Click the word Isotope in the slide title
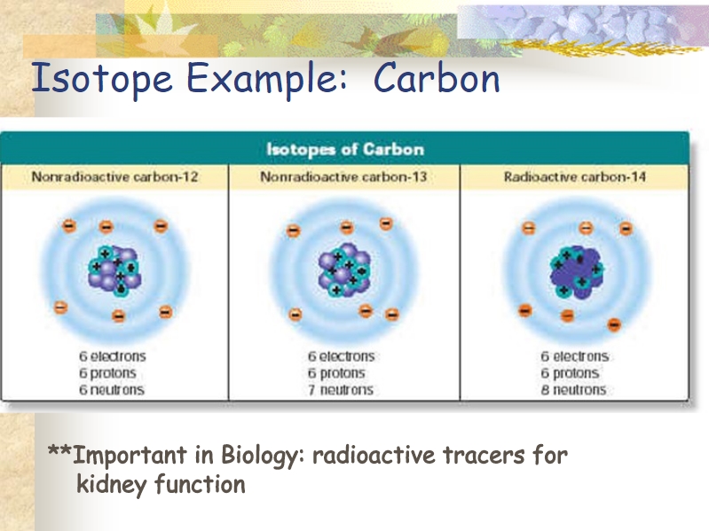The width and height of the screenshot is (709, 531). click(x=102, y=79)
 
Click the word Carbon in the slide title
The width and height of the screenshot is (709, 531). click(x=437, y=78)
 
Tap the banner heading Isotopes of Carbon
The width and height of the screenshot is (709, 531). click(x=345, y=150)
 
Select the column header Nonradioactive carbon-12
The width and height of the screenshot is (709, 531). click(x=114, y=176)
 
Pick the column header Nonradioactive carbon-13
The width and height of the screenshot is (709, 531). click(x=343, y=176)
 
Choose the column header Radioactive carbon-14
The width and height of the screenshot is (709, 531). click(x=575, y=176)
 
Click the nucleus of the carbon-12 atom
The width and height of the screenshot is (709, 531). click(x=114, y=270)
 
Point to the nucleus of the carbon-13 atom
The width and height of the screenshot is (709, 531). click(x=344, y=269)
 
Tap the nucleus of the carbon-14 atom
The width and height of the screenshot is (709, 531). click(x=577, y=272)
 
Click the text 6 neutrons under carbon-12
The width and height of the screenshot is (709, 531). click(x=112, y=390)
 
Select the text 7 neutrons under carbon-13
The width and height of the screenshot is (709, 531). click(x=341, y=390)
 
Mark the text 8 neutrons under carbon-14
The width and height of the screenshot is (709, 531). click(x=573, y=390)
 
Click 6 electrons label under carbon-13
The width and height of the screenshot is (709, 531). click(x=342, y=356)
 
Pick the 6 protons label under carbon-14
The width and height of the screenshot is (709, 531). click(x=570, y=373)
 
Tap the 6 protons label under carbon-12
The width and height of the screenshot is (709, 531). click(x=107, y=373)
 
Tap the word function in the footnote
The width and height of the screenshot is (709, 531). click(x=200, y=484)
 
